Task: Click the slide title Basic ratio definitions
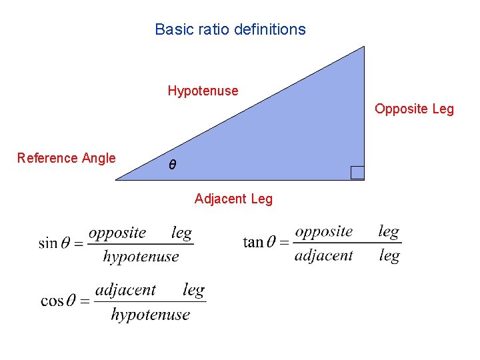[x=230, y=29]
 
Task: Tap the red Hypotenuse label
[x=203, y=90]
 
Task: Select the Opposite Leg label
[x=414, y=109]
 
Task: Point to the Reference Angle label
[x=66, y=158]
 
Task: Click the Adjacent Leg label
[x=233, y=199]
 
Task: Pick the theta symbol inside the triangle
[x=172, y=164]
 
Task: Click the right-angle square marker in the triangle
[x=357, y=173]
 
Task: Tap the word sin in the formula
[x=48, y=243]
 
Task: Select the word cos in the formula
[x=51, y=301]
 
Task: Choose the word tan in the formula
[x=253, y=242]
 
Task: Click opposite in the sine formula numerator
[x=117, y=233]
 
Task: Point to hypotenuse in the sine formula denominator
[x=141, y=257]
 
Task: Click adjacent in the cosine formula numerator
[x=125, y=290]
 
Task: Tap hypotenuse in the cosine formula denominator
[x=150, y=315]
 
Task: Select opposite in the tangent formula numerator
[x=324, y=231]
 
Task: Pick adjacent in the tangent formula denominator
[x=324, y=255]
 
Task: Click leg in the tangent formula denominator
[x=389, y=256]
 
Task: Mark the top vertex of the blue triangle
[x=365, y=47]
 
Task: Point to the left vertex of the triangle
[x=117, y=179]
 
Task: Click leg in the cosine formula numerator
[x=193, y=291]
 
